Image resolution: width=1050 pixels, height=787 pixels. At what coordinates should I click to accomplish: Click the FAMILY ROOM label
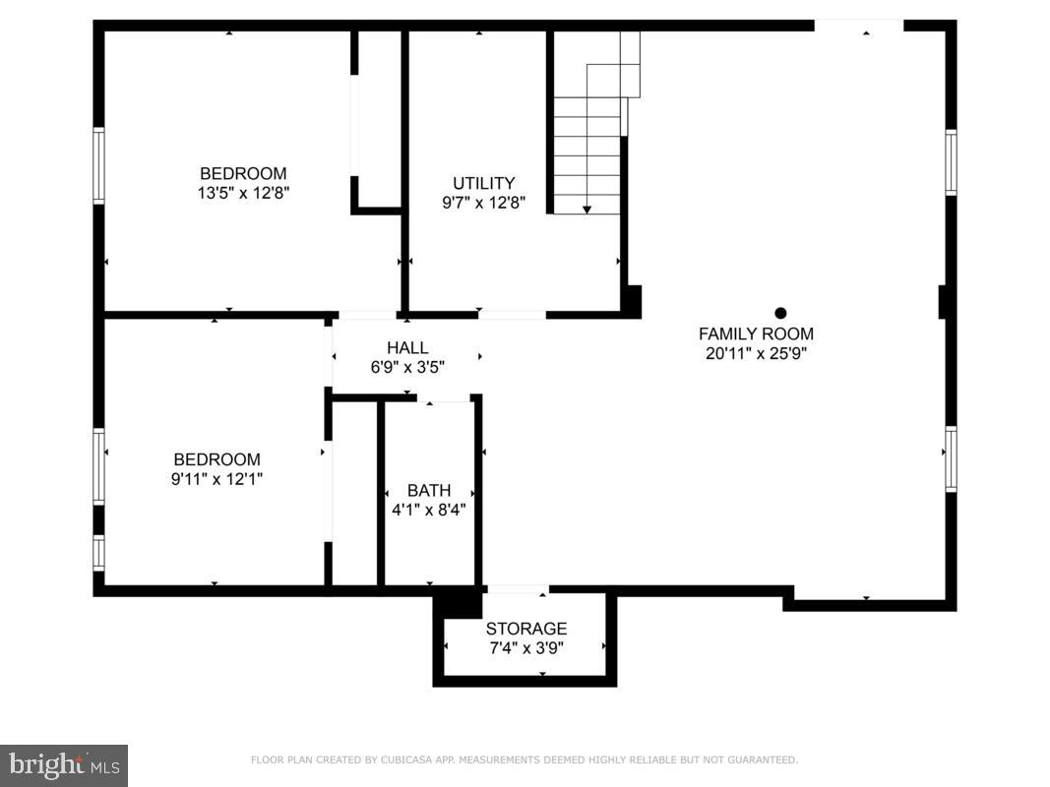756,333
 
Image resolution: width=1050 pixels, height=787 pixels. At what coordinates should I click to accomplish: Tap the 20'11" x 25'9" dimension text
756,353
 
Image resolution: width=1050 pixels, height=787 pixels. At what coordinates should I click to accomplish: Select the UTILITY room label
483,183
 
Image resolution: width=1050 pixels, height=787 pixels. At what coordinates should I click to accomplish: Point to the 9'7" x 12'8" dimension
483,203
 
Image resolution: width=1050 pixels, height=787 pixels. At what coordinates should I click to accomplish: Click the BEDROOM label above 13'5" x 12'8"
243,173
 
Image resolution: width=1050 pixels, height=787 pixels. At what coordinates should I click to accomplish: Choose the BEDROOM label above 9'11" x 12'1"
216,459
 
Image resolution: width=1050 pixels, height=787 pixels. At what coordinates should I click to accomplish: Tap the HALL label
407,347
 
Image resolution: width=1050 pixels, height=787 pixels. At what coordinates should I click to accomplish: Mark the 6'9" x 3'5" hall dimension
407,367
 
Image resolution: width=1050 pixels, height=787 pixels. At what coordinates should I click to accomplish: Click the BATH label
429,490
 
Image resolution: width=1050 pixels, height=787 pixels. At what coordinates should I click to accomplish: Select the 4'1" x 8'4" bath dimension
429,510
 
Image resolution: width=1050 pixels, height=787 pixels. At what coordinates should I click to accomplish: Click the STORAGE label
526,629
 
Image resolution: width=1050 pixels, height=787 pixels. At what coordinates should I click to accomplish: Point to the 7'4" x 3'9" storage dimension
526,647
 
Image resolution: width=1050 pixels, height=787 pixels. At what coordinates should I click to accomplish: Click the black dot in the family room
780,313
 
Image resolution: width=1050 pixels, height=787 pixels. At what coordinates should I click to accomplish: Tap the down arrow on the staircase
587,209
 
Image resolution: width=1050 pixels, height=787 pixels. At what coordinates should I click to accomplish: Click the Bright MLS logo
64,764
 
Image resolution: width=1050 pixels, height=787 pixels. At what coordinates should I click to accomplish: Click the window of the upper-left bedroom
98,165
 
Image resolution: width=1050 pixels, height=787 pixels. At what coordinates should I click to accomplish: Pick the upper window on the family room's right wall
951,162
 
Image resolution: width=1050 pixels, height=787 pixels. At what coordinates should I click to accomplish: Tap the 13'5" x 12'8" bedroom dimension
243,193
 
